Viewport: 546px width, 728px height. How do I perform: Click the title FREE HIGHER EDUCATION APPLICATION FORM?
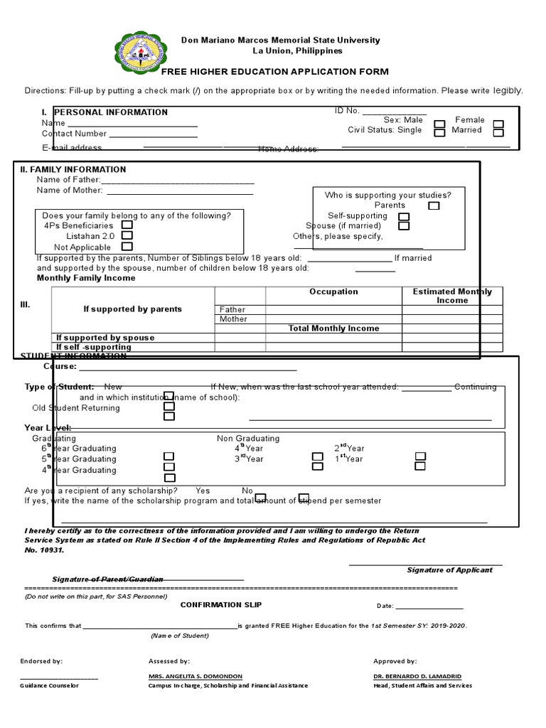pos(275,71)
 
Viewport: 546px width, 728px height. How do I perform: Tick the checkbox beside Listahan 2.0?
pos(127,235)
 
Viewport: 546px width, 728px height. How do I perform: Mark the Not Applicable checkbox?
pos(127,247)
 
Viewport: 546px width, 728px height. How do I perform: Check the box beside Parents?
pos(434,205)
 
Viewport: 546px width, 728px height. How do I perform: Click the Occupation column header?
pos(333,292)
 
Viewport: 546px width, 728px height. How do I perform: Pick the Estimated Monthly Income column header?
pos(452,296)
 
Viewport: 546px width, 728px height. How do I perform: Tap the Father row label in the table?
pos(232,310)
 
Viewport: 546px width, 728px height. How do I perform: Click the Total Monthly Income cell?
pos(333,328)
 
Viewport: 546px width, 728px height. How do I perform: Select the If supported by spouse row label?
pos(105,338)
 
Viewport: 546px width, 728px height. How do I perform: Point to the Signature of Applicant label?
pos(449,570)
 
